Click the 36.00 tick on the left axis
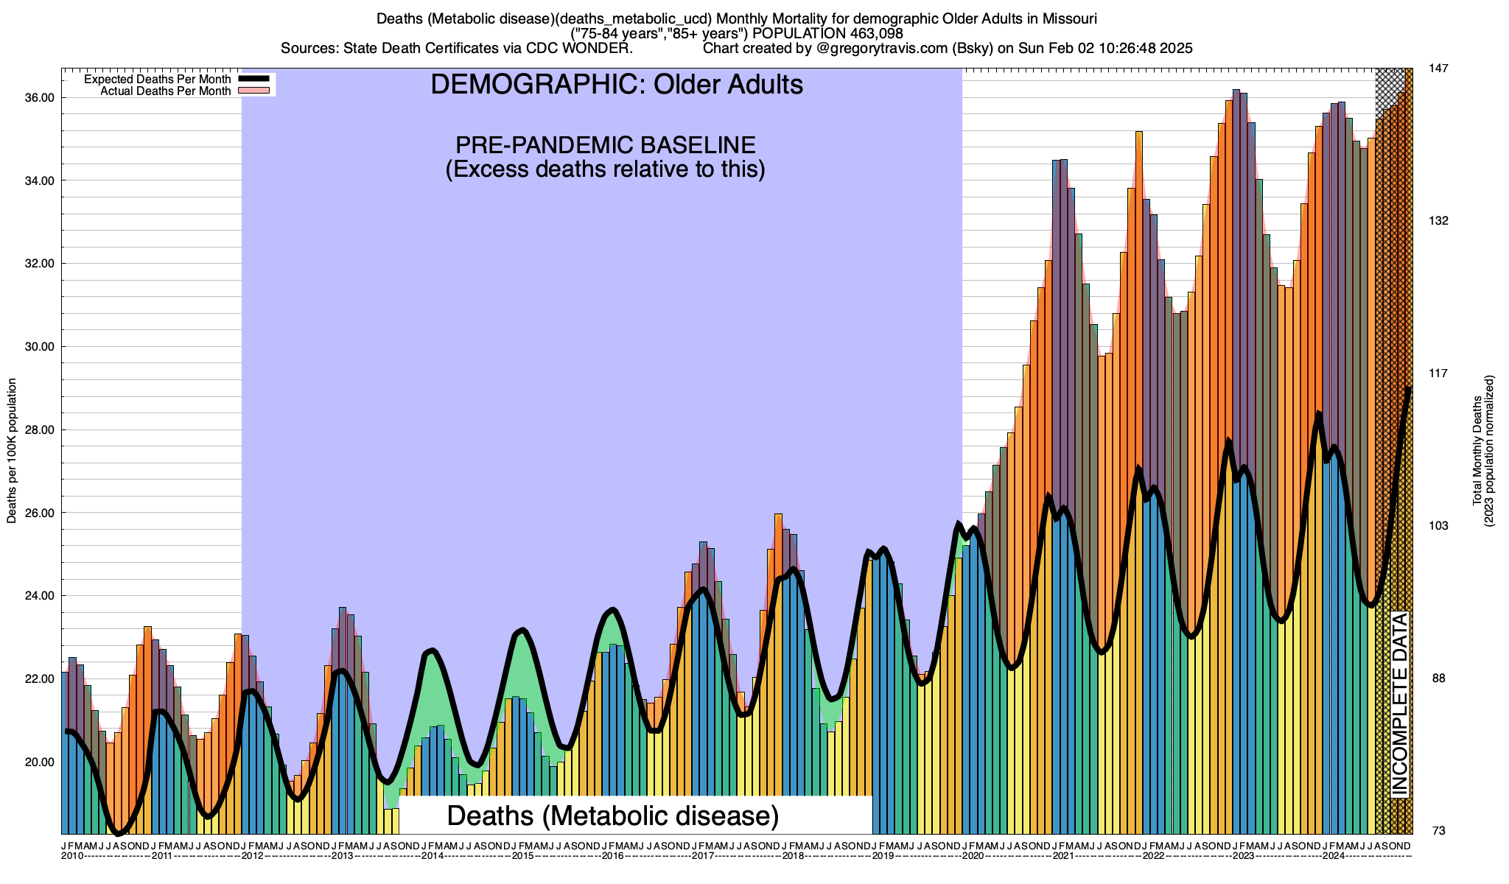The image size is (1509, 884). click(40, 98)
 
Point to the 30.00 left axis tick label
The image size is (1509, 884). click(40, 347)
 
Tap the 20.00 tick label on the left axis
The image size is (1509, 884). click(40, 762)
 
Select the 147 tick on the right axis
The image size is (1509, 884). click(1439, 69)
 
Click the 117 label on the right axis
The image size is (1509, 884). click(1439, 373)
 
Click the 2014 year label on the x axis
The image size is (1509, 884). click(433, 856)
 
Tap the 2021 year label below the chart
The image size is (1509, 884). click(1063, 856)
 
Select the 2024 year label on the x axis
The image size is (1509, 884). click(1334, 856)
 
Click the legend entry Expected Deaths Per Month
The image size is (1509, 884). click(157, 80)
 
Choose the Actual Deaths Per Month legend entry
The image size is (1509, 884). click(165, 91)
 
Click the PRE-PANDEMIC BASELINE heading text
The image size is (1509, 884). click(605, 144)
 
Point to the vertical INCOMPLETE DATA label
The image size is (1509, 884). click(1399, 704)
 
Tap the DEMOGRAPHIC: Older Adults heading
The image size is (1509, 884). click(617, 85)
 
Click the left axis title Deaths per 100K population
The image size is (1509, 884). click(12, 451)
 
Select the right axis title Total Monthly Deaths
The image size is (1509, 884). click(1477, 451)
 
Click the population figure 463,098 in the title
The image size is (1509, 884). click(865, 34)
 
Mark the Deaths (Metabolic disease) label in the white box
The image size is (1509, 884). click(613, 816)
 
